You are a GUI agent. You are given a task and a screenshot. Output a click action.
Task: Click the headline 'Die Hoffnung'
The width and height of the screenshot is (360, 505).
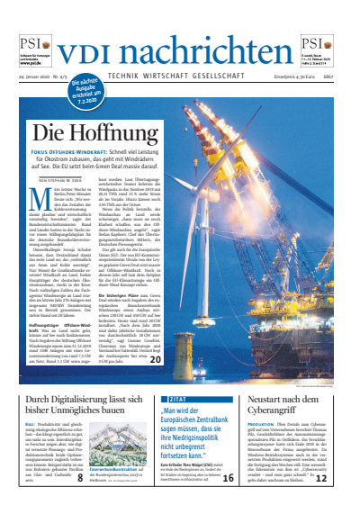84,134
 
